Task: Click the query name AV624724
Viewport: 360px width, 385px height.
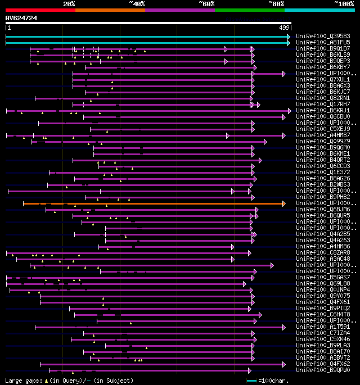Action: click(21, 18)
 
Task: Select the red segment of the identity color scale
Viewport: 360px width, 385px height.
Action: click(40, 10)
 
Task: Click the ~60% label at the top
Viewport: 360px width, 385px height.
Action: click(206, 4)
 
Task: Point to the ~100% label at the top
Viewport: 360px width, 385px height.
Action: click(343, 4)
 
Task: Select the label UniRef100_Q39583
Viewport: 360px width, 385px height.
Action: click(323, 36)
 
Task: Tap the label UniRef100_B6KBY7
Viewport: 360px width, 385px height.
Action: click(323, 67)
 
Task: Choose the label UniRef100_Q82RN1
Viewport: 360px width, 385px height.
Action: click(323, 98)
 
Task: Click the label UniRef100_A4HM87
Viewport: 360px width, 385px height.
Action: click(323, 135)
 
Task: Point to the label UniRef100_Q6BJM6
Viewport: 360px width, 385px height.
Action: click(323, 210)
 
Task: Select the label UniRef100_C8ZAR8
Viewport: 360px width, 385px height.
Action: click(323, 252)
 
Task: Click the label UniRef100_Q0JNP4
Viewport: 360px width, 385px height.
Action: click(323, 289)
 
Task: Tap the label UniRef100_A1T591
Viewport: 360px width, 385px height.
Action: click(323, 327)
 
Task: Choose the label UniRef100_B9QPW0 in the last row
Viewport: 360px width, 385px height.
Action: click(323, 370)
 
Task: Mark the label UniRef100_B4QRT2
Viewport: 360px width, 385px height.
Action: click(323, 160)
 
